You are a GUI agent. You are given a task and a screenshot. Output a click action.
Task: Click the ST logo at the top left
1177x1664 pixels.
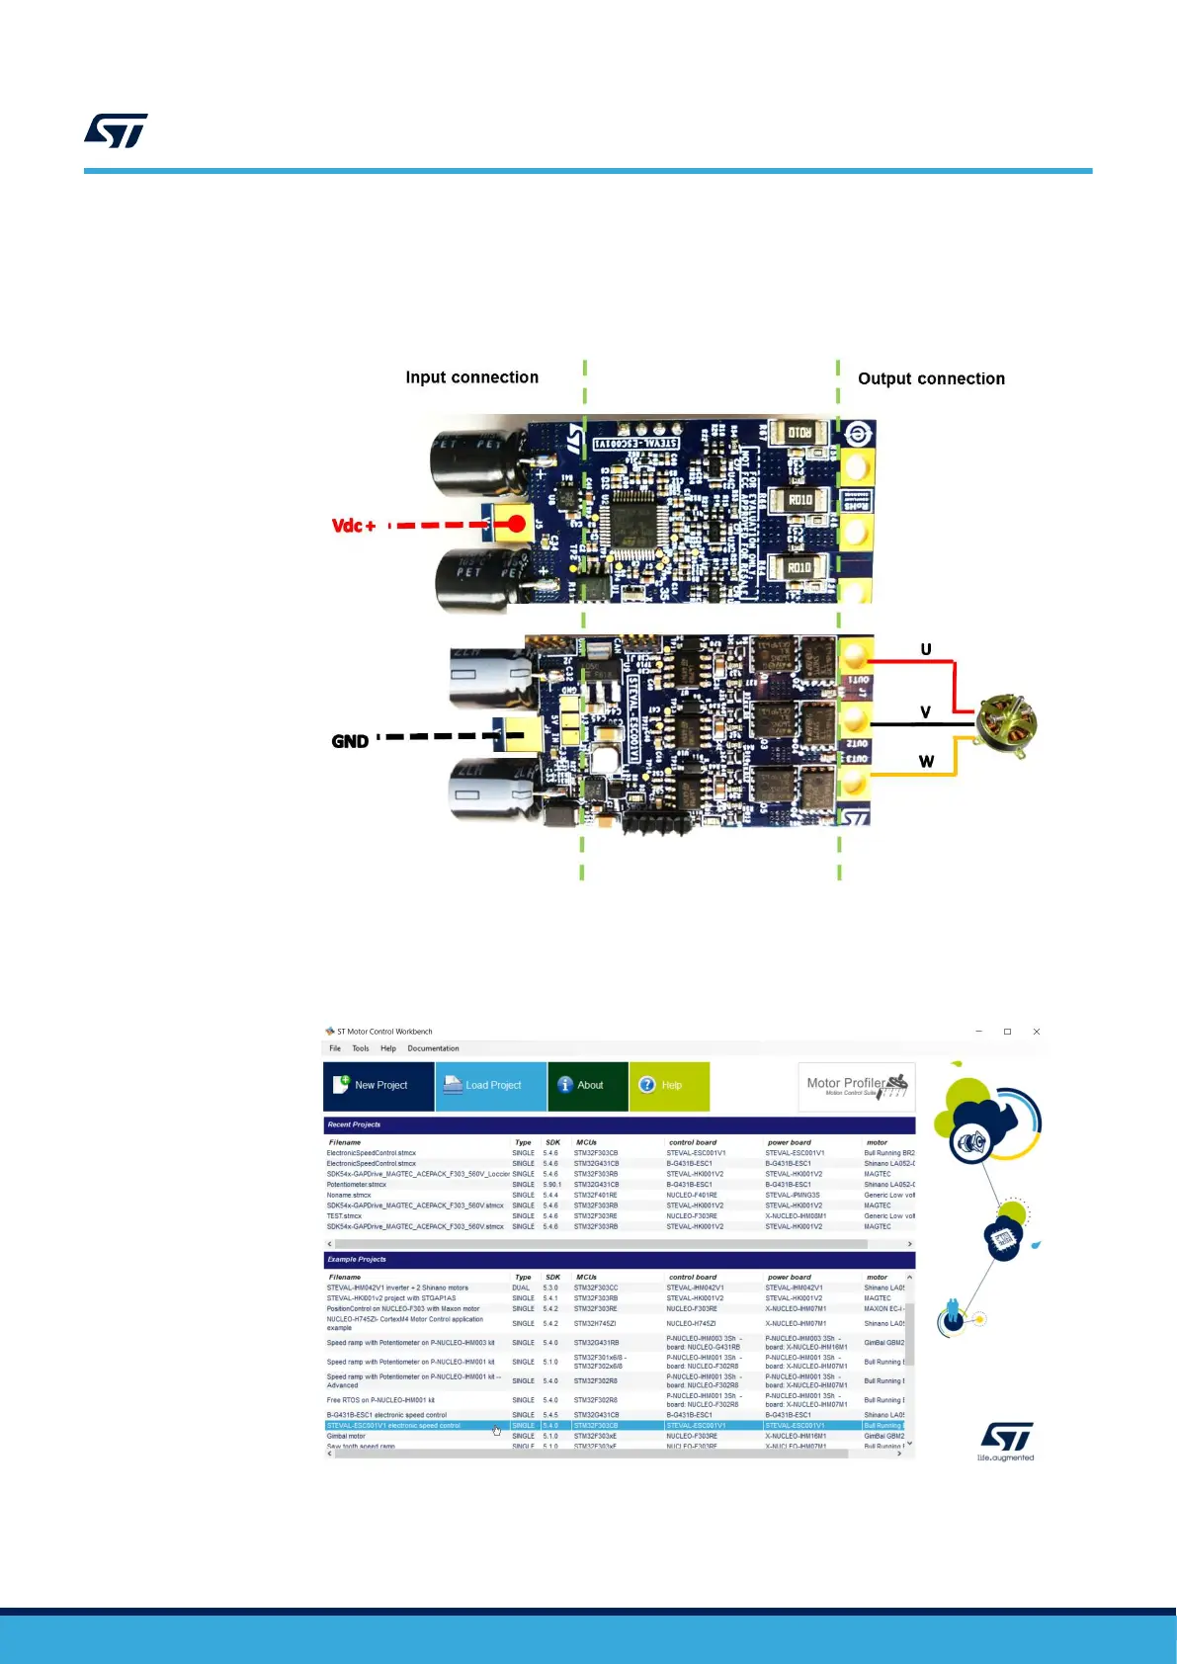(116, 130)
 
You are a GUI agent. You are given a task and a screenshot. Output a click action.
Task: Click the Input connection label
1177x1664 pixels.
(471, 377)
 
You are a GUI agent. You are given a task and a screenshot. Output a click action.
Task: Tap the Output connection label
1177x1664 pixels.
(931, 378)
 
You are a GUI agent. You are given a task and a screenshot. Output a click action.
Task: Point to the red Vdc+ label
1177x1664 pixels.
(354, 526)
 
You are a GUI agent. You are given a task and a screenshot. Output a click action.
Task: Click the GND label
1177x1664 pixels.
(350, 741)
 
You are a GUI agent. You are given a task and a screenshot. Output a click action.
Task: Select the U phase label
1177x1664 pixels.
(926, 649)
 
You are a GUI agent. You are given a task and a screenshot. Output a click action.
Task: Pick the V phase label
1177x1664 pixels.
(926, 712)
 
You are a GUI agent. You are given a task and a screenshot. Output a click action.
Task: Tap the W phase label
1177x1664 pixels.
(926, 762)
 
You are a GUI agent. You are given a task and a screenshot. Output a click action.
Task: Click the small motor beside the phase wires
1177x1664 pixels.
(1006, 726)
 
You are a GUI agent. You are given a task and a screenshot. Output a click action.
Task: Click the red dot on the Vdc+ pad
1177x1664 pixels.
(517, 524)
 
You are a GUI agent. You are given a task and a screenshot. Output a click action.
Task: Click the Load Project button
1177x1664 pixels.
(491, 1085)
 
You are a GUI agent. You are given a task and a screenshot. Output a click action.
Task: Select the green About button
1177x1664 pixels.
(588, 1085)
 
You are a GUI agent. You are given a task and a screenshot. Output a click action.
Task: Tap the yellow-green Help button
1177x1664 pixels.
(669, 1085)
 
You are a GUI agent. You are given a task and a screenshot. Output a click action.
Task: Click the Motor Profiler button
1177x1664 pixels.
(856, 1086)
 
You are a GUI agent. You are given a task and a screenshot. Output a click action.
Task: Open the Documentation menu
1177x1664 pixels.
(433, 1048)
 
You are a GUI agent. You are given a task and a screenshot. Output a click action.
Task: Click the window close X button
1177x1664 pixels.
(1036, 1032)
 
